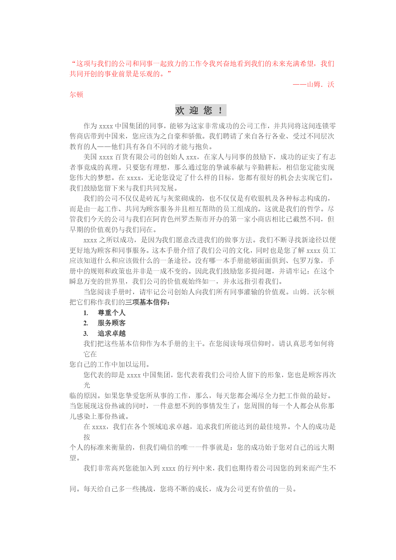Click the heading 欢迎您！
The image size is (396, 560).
[x=200, y=110]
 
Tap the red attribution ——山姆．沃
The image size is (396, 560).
[x=313, y=84]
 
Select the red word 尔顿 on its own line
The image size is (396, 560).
[x=77, y=95]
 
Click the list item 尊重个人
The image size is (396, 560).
[x=111, y=313]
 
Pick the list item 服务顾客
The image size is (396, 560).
[x=111, y=323]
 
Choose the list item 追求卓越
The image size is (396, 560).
[x=111, y=334]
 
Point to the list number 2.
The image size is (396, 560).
[x=86, y=323]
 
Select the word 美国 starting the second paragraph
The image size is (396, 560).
[x=90, y=157]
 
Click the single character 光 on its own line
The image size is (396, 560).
[x=87, y=385]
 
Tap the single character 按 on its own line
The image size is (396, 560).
[x=87, y=437]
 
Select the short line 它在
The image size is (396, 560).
[x=90, y=354]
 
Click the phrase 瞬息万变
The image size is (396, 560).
[x=84, y=282]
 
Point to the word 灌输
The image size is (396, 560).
[x=236, y=292]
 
